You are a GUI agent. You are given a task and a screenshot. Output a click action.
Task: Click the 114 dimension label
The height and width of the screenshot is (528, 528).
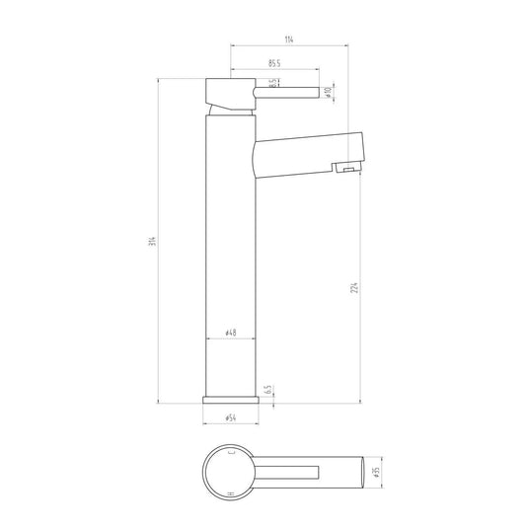[x=288, y=38]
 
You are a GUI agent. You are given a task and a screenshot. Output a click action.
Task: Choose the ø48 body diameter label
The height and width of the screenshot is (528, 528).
[x=230, y=334]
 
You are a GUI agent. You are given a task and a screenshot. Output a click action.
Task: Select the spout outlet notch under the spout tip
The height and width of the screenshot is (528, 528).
[x=344, y=170]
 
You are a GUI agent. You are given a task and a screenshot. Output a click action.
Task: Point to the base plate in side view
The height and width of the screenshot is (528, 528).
[x=231, y=399]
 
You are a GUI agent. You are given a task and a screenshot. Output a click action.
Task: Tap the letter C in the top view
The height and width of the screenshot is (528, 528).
[x=232, y=450]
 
